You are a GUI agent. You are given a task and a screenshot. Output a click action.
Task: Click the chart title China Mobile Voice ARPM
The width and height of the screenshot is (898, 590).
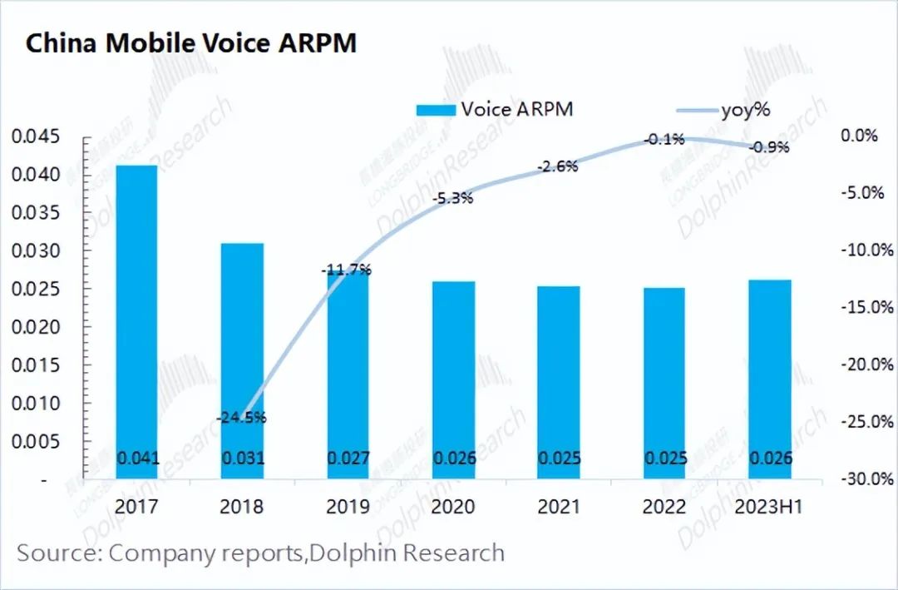click(x=191, y=42)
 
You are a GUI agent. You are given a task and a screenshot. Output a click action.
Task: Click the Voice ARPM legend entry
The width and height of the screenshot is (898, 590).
click(x=494, y=109)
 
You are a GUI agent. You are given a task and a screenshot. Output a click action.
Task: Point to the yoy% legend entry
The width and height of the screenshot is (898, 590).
click(x=723, y=109)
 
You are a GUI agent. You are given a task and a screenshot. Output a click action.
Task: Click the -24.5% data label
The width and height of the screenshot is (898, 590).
click(x=241, y=417)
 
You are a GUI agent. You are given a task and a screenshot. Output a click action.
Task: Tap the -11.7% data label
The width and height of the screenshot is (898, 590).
click(x=346, y=270)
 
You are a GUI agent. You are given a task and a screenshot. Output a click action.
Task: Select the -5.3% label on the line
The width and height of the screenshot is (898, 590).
click(x=452, y=199)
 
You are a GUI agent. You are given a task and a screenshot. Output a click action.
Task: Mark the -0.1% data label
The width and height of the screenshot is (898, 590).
click(x=664, y=139)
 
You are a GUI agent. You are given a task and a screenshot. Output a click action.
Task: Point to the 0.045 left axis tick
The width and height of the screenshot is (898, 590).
click(x=36, y=136)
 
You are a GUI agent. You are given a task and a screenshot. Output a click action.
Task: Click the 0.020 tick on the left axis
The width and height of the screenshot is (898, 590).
click(x=36, y=327)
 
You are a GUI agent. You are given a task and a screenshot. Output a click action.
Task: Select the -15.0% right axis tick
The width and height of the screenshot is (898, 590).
click(x=868, y=308)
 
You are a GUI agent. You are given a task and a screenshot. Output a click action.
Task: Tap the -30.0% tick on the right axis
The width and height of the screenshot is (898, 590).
click(x=868, y=479)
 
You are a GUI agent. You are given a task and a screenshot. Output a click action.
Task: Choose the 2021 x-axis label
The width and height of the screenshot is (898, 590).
click(x=558, y=507)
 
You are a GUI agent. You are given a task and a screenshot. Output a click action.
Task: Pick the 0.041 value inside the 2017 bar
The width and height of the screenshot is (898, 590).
click(x=136, y=459)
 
